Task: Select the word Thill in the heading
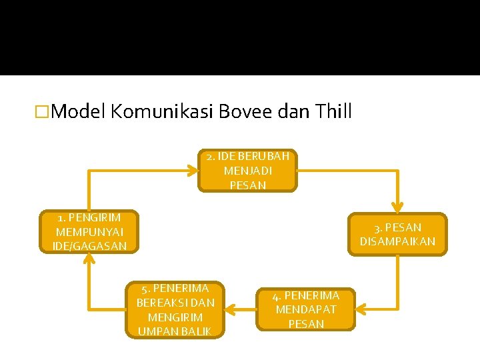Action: click(331, 111)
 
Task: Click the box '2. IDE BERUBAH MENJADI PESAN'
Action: click(247, 171)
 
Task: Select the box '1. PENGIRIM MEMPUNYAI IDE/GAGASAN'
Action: click(89, 232)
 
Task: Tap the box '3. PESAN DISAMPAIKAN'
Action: click(397, 234)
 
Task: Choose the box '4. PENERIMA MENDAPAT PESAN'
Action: click(306, 309)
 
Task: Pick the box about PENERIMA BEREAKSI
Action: click(175, 309)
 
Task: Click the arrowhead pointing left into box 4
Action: click(362, 309)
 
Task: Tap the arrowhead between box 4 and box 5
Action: click(231, 309)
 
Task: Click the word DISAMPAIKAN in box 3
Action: click(397, 241)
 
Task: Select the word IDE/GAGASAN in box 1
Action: click(89, 247)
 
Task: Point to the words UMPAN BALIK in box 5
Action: click(175, 331)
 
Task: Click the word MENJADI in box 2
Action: click(248, 171)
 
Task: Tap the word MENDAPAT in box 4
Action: click(306, 309)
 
